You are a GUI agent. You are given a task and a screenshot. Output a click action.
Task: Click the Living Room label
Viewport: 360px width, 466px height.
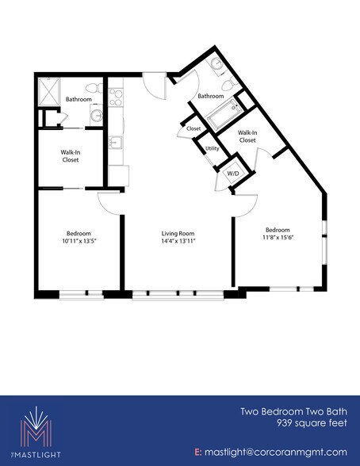pos(178,232)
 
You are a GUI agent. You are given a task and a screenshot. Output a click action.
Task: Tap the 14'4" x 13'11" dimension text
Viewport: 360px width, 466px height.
pos(178,241)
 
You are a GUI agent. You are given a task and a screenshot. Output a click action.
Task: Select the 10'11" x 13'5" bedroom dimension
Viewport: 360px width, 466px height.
pos(77,241)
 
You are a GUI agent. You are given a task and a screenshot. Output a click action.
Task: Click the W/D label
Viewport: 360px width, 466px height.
pos(233,172)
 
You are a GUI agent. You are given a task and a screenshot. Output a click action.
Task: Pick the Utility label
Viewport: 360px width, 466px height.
pos(212,148)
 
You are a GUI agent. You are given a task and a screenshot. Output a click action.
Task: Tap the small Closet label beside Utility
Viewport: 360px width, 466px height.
pos(193,128)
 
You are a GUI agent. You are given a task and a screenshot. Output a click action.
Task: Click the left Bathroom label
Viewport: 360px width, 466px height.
pos(78,100)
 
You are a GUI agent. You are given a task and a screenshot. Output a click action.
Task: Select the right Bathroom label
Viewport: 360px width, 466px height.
pos(210,96)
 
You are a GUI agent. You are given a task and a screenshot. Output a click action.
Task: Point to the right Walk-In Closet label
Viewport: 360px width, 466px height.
pos(247,136)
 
